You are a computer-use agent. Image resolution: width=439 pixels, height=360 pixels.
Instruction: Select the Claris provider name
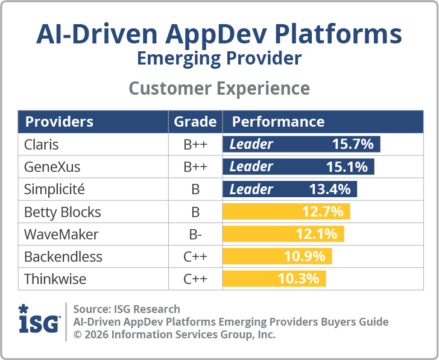pos(41,145)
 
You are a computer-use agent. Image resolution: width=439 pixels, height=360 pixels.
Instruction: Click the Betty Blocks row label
pos(62,212)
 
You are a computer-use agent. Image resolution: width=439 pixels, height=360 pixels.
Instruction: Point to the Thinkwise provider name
pos(55,279)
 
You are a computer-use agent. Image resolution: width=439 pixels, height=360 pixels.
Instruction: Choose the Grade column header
pos(195,122)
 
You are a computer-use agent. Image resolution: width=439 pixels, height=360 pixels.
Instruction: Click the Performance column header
pos(278,122)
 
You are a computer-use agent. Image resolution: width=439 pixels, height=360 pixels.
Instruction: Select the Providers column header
pos(59,122)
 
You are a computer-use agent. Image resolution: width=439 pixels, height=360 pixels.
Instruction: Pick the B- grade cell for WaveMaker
pos(195,234)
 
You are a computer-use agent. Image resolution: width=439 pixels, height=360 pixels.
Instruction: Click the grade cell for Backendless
pos(195,257)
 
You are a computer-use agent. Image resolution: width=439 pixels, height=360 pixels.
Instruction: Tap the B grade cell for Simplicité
pos(195,189)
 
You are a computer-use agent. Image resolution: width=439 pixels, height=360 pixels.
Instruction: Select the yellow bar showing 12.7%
pos(286,212)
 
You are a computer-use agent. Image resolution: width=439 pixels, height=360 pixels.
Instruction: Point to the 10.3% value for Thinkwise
pos(298,279)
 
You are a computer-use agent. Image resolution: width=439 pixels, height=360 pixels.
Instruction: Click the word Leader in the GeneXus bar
pos(251,167)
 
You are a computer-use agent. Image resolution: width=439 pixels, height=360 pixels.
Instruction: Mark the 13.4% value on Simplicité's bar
pos(330,189)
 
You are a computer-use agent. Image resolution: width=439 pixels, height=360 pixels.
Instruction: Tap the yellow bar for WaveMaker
pos(283,234)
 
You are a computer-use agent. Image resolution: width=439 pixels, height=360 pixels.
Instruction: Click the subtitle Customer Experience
pos(219,89)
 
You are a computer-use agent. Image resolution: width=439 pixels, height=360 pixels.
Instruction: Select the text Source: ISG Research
pos(127,309)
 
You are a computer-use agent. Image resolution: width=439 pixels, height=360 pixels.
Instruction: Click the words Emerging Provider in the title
pos(219,59)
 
